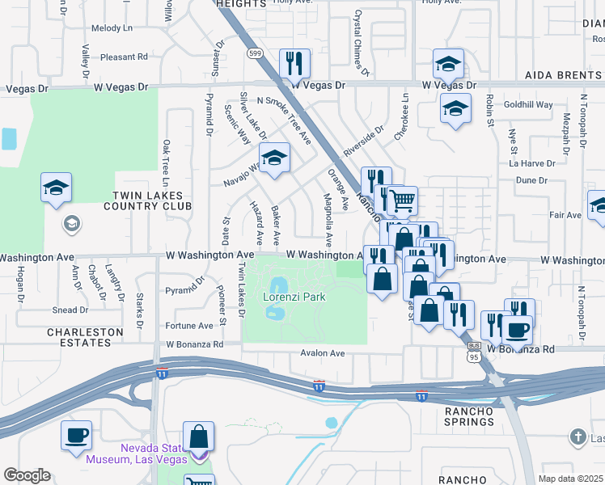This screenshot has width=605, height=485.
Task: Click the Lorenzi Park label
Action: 294,297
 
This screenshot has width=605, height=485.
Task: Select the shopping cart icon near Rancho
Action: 402,200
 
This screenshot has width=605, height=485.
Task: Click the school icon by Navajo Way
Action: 274,158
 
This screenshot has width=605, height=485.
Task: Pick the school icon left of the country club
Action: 57,188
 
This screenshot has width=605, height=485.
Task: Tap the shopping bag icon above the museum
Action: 198,436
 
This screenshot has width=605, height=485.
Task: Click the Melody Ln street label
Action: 112,28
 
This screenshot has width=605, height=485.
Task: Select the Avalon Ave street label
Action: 323,353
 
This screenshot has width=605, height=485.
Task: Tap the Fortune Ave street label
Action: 188,326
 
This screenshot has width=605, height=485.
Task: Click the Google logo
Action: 27,475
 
